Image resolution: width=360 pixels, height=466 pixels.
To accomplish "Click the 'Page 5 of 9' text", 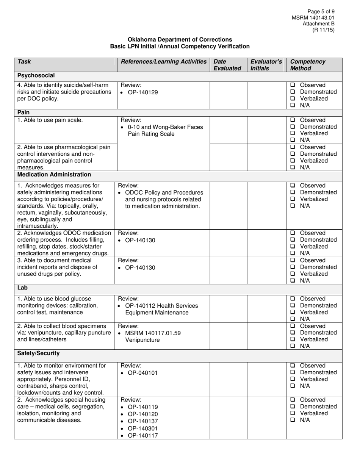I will (321, 12).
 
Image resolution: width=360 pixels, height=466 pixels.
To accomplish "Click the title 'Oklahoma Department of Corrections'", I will (180, 39).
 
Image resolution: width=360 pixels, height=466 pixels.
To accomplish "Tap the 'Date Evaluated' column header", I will (227, 65).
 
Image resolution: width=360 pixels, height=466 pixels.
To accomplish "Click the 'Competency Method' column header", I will (307, 65).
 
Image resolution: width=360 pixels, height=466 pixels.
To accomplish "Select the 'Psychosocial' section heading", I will (36, 75).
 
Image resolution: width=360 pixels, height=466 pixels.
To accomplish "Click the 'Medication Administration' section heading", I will (54, 175).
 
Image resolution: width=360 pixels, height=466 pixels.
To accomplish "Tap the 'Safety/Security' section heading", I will (38, 353).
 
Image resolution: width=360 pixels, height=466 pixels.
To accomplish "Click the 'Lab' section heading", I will (22, 288).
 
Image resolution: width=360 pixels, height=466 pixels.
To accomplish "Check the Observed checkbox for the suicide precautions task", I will (293, 85).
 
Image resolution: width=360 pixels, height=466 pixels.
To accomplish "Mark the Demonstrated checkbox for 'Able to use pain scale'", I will (293, 127).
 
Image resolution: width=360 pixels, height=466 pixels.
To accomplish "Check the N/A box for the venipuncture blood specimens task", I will (293, 346).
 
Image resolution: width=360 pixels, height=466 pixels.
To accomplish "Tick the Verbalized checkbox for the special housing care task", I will (293, 413).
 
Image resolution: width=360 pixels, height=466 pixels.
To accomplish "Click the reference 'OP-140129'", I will (143, 92).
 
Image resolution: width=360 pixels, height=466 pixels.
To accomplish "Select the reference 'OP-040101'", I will (143, 373).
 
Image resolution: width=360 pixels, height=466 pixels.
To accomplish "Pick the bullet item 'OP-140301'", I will (143, 428).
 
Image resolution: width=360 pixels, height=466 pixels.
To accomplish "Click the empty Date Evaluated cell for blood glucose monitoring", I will (229, 309).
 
